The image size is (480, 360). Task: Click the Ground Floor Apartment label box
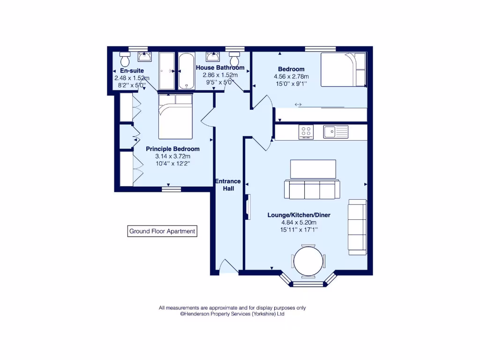[162, 231]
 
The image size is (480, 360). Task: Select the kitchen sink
[336, 132]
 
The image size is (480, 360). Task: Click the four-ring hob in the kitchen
[306, 132]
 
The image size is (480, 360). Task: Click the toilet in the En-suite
[125, 60]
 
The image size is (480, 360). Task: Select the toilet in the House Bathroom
[234, 60]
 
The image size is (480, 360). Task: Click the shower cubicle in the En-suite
[166, 71]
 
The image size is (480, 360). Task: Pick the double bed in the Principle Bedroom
[175, 116]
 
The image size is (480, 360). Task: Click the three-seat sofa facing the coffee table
[310, 189]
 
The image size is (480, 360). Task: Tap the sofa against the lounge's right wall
[357, 227]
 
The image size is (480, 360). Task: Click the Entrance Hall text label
[228, 185]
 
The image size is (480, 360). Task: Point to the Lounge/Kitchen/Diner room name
[299, 215]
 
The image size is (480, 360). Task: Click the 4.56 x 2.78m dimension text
[291, 76]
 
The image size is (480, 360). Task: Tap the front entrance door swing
[228, 266]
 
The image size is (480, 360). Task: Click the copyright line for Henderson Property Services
[232, 315]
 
